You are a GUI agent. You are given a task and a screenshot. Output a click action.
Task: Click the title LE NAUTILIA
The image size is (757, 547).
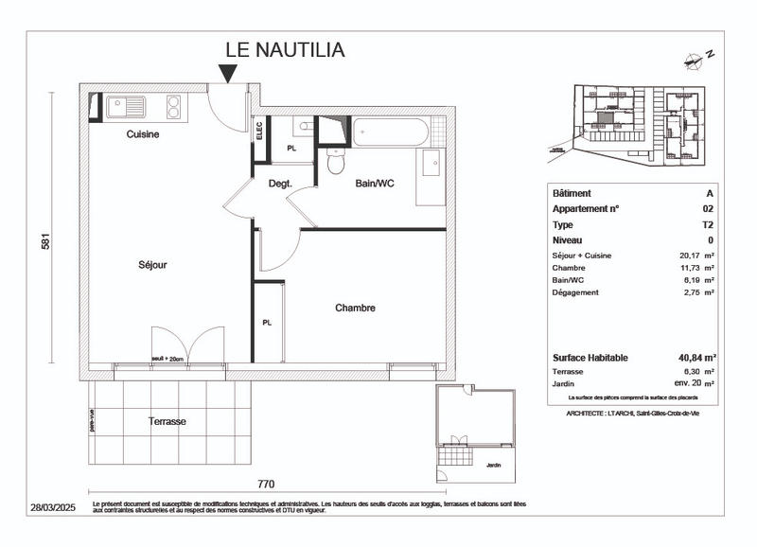click(284, 49)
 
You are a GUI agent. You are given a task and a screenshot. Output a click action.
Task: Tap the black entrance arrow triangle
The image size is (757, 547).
click(228, 73)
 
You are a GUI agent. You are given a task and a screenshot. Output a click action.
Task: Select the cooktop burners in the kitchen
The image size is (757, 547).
click(174, 107)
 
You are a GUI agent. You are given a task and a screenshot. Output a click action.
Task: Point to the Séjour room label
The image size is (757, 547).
click(151, 265)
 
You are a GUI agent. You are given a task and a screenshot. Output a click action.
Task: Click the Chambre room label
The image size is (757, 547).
click(355, 308)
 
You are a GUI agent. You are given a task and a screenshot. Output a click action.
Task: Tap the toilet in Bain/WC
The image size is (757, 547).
click(333, 163)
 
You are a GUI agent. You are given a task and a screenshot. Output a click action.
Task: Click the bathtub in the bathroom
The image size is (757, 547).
click(391, 132)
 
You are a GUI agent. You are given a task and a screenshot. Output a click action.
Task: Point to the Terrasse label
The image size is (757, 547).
click(167, 421)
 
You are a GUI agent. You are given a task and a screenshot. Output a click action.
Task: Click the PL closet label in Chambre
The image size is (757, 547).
click(267, 323)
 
